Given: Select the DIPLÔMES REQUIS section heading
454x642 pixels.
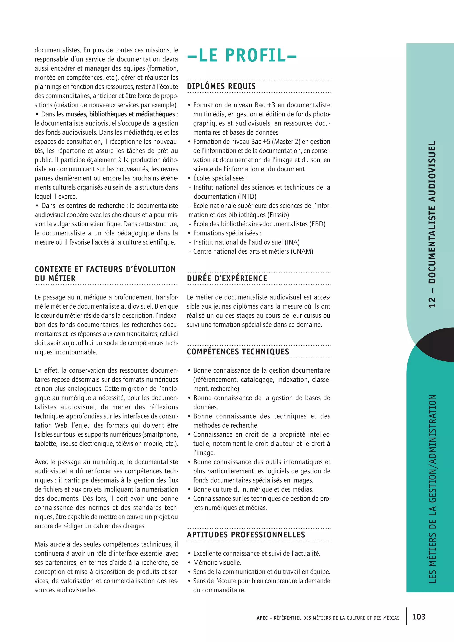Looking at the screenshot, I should pos(221,86).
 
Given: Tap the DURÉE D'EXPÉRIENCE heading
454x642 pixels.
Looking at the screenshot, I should pos(227,278).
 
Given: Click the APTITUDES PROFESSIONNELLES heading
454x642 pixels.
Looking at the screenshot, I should pos(246,535).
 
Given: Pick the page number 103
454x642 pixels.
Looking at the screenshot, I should pos(419,617).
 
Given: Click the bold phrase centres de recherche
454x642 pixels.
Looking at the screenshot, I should pos(95,206).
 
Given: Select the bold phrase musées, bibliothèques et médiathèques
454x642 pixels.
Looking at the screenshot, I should pos(120,114).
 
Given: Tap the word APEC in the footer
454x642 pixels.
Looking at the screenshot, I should pos(262,618).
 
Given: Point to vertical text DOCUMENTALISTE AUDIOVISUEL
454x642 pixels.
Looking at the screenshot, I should pos(432,213).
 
